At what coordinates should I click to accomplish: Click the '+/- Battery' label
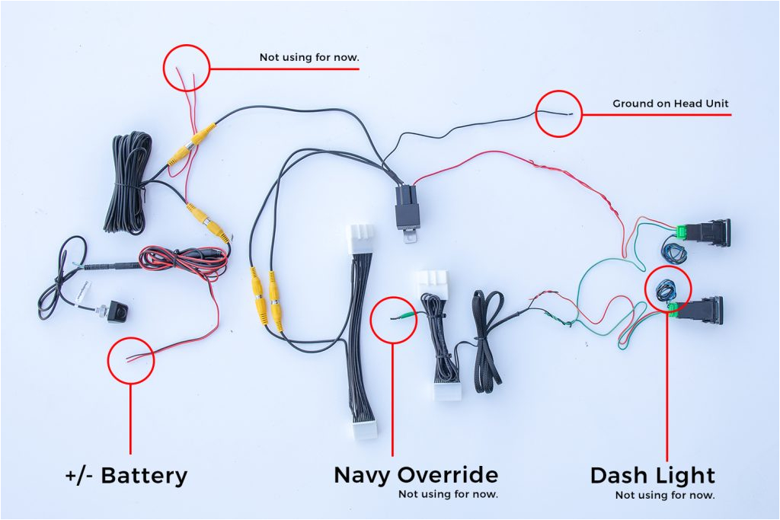[126, 476]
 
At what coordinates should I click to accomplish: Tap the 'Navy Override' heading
[416, 475]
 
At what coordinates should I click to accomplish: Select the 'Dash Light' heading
[653, 476]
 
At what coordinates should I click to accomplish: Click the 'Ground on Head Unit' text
[671, 104]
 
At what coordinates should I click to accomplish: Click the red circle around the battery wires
[130, 360]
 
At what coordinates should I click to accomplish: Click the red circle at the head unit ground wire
[559, 113]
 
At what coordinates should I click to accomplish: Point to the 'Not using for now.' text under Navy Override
[448, 494]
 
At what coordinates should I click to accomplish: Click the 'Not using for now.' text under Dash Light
[665, 495]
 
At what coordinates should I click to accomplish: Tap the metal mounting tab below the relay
[411, 237]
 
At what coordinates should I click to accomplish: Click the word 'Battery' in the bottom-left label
[144, 476]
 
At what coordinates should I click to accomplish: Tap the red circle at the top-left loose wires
[186, 68]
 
